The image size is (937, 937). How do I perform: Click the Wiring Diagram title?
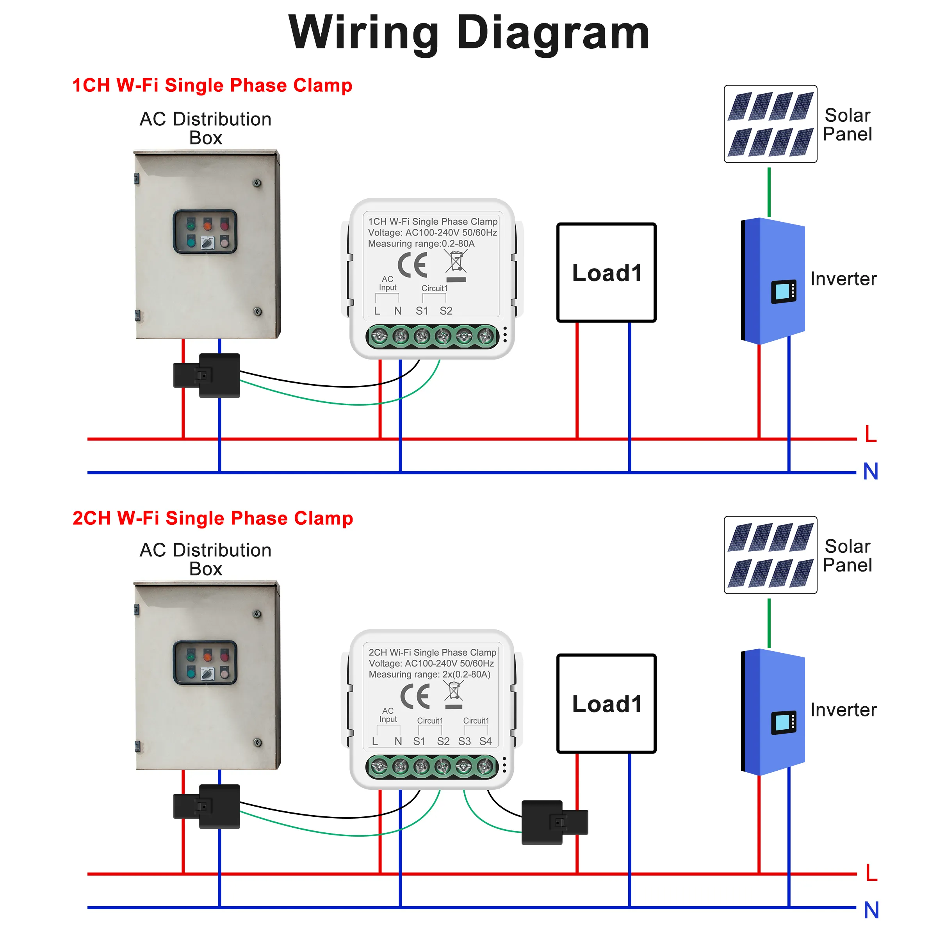468,33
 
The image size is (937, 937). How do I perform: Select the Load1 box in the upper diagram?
606,273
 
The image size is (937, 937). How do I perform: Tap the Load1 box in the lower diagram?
606,703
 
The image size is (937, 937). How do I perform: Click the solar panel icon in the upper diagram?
770,124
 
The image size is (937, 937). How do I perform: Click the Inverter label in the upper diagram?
843,279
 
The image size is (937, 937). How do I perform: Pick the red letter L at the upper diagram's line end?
871,434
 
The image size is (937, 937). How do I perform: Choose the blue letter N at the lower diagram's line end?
871,910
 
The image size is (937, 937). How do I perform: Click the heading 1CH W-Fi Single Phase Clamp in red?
212,86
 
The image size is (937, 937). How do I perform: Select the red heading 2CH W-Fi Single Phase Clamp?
212,518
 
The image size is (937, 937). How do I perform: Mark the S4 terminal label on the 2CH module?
485,741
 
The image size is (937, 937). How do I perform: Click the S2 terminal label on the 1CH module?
446,311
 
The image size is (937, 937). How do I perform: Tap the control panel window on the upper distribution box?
205,232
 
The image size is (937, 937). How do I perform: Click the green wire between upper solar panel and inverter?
769,192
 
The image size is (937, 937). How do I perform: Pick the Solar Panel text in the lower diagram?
847,556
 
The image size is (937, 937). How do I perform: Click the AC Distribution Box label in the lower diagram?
206,559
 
